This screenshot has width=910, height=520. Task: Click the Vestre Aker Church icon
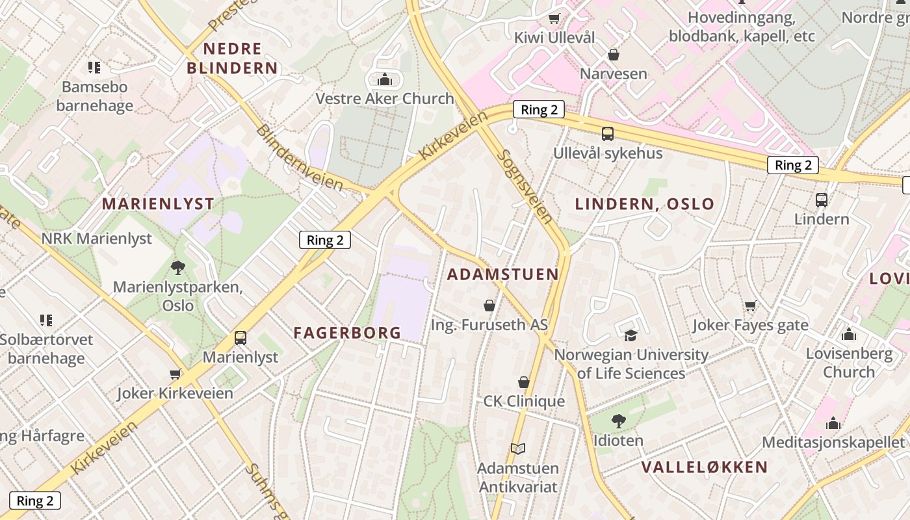tap(385, 80)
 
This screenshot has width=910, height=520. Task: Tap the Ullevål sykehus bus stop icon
tap(608, 134)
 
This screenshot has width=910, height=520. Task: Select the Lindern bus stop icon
tap(822, 200)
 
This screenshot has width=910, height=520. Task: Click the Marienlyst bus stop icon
tap(240, 338)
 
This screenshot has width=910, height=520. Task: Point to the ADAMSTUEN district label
tap(503, 274)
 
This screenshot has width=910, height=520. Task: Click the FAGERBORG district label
tap(347, 333)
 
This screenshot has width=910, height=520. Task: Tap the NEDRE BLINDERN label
tap(232, 58)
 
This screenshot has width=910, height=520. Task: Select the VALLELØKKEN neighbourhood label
tap(705, 467)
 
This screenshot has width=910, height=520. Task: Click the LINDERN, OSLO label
tap(645, 204)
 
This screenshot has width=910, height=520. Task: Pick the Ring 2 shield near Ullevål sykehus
tap(539, 110)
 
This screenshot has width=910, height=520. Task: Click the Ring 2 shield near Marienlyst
tap(325, 240)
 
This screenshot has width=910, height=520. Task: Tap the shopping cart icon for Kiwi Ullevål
tap(554, 19)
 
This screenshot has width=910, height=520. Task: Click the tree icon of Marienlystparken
tap(177, 267)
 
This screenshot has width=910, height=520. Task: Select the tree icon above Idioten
tap(619, 421)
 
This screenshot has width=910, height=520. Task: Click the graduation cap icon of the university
tap(630, 335)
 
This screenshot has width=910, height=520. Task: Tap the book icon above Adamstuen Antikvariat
tap(518, 448)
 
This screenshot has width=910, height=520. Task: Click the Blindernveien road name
tap(299, 158)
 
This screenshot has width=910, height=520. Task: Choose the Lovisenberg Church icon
tap(848, 335)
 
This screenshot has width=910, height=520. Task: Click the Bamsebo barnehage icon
tap(94, 67)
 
